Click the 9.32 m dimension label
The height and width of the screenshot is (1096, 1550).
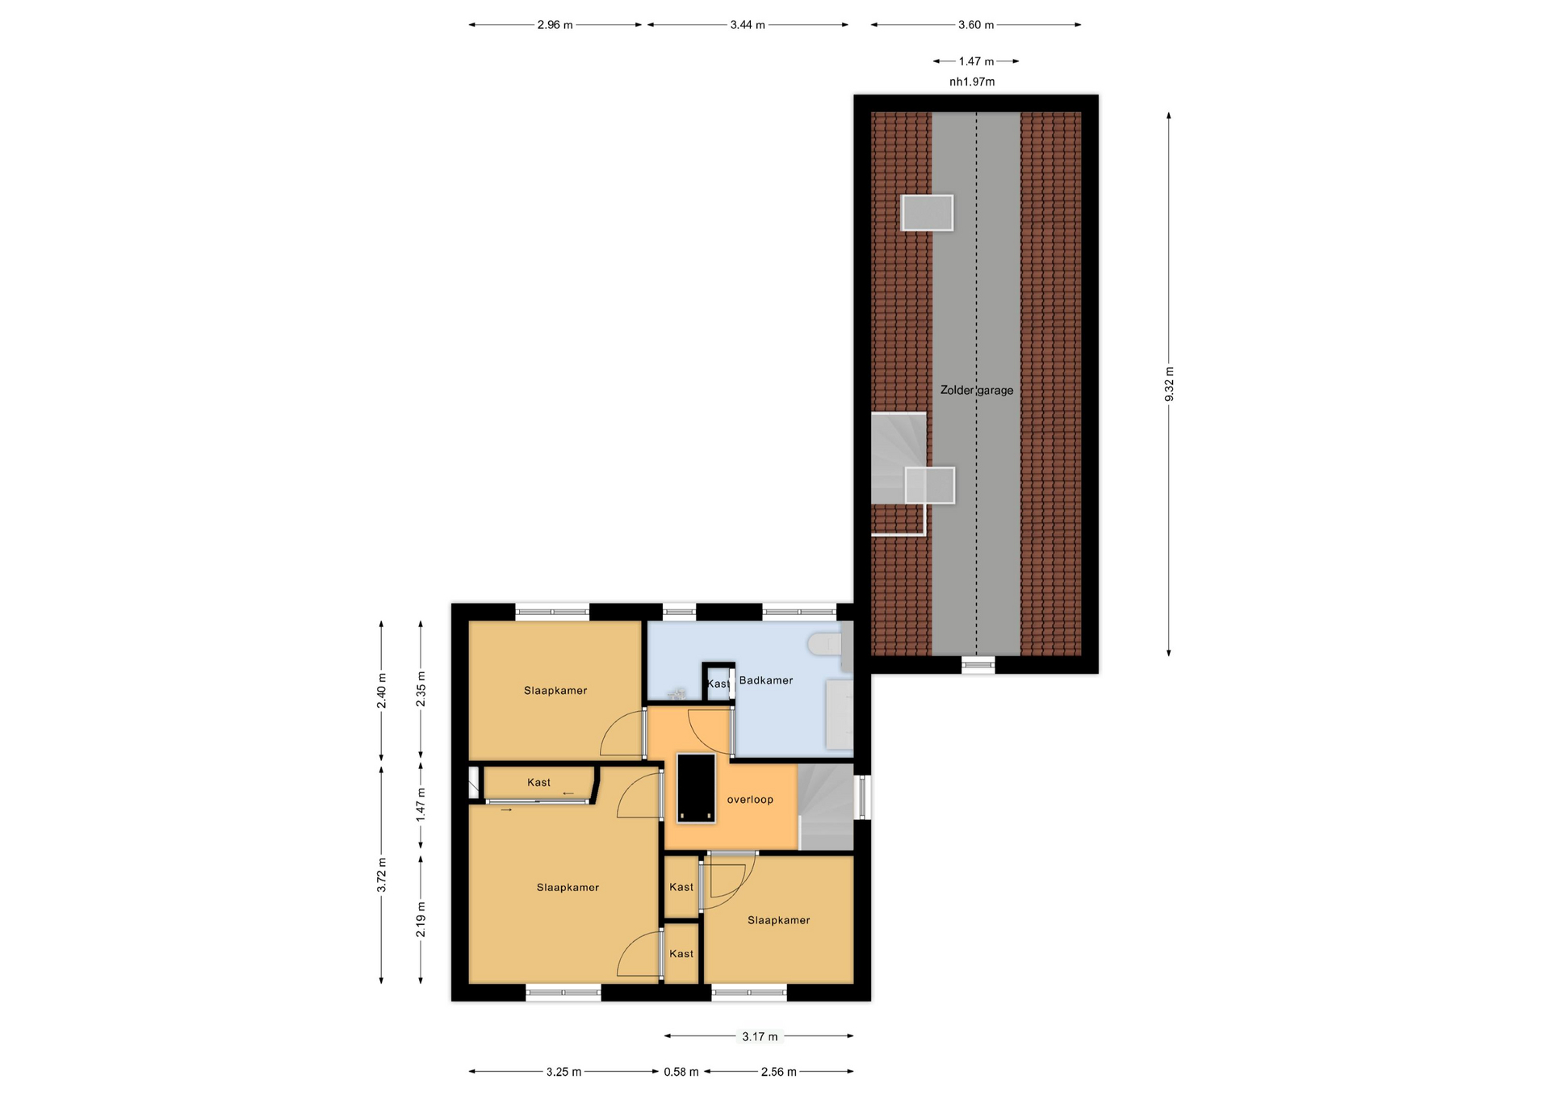click(x=1169, y=384)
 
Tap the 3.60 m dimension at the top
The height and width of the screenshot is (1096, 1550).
click(x=976, y=25)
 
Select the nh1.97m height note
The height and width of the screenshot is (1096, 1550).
click(x=972, y=82)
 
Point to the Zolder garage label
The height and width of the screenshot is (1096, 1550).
click(x=977, y=390)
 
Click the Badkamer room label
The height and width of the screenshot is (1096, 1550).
click(x=766, y=680)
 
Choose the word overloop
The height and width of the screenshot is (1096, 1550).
click(x=750, y=800)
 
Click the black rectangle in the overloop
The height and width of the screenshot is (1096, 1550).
click(x=696, y=788)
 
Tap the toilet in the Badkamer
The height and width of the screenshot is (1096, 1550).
click(x=825, y=644)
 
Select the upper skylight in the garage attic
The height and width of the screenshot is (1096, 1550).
click(x=927, y=213)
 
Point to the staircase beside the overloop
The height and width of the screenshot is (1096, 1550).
click(x=826, y=807)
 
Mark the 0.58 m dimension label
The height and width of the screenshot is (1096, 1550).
click(x=681, y=1072)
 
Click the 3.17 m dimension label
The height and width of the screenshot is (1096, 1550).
click(x=760, y=1036)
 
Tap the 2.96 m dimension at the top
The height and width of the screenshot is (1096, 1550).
click(x=555, y=25)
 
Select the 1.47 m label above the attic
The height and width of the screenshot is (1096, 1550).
click(x=976, y=61)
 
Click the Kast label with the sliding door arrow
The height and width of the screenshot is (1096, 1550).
click(x=538, y=783)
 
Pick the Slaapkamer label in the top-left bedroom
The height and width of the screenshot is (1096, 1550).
click(x=555, y=691)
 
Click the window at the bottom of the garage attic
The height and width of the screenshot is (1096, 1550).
click(x=978, y=664)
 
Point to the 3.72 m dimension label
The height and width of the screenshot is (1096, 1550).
click(x=382, y=875)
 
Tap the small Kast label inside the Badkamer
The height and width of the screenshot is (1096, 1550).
click(x=718, y=684)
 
